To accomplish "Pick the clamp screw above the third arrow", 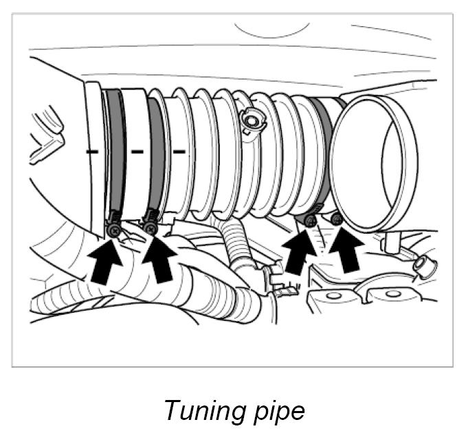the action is (310, 220).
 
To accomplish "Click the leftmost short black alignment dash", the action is (91, 148).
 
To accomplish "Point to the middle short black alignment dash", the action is (137, 149).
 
